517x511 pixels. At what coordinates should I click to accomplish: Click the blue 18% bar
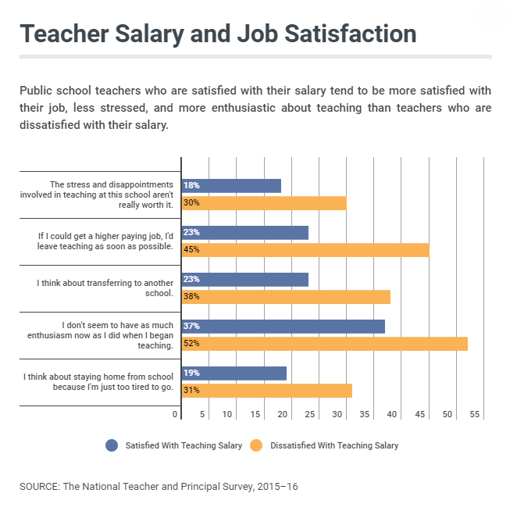tap(231, 186)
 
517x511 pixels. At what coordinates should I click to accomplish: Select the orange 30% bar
tap(264, 203)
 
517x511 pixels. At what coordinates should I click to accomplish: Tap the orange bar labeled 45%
tap(305, 250)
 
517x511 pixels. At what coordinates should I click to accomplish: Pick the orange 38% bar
tap(286, 297)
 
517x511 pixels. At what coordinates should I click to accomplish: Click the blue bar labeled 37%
tap(283, 327)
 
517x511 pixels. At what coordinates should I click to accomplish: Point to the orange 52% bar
tap(324, 344)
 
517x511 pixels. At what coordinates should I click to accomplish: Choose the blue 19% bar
tap(234, 373)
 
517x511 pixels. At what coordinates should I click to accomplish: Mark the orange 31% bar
tap(267, 391)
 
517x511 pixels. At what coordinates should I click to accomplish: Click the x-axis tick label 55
tap(473, 415)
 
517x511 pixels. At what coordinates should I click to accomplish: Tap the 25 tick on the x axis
tap(310, 415)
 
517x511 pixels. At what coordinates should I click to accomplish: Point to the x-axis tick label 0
tap(176, 415)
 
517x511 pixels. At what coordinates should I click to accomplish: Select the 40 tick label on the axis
tap(392, 415)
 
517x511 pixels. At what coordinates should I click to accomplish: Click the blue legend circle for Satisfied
tap(112, 445)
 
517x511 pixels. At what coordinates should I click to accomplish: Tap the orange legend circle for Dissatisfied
tap(256, 445)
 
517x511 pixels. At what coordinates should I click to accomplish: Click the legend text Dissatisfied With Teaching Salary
tap(334, 445)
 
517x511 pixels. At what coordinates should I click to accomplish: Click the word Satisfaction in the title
tap(339, 34)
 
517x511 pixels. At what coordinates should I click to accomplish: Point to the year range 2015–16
tap(276, 486)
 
